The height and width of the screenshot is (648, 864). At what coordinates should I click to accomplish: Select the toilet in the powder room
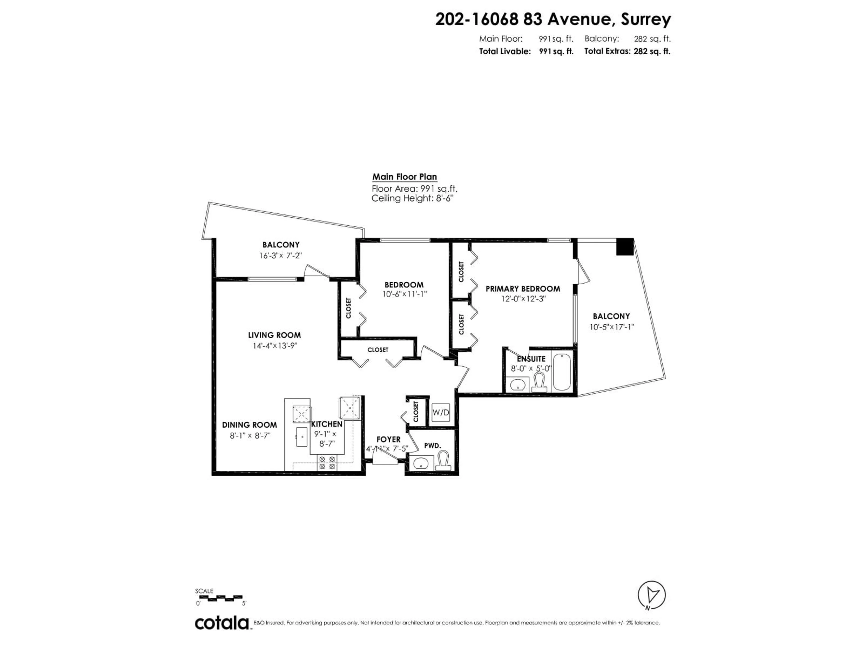click(443, 461)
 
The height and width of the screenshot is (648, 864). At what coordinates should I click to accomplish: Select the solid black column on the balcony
click(625, 247)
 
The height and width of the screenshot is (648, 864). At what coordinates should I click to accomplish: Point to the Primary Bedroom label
click(523, 289)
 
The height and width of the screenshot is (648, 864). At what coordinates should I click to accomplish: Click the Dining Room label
click(249, 425)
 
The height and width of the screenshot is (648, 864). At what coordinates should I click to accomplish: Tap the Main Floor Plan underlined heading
click(404, 177)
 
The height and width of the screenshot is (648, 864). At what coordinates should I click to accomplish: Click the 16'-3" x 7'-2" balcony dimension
click(280, 255)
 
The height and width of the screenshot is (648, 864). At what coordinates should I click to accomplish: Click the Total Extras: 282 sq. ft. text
click(627, 51)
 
